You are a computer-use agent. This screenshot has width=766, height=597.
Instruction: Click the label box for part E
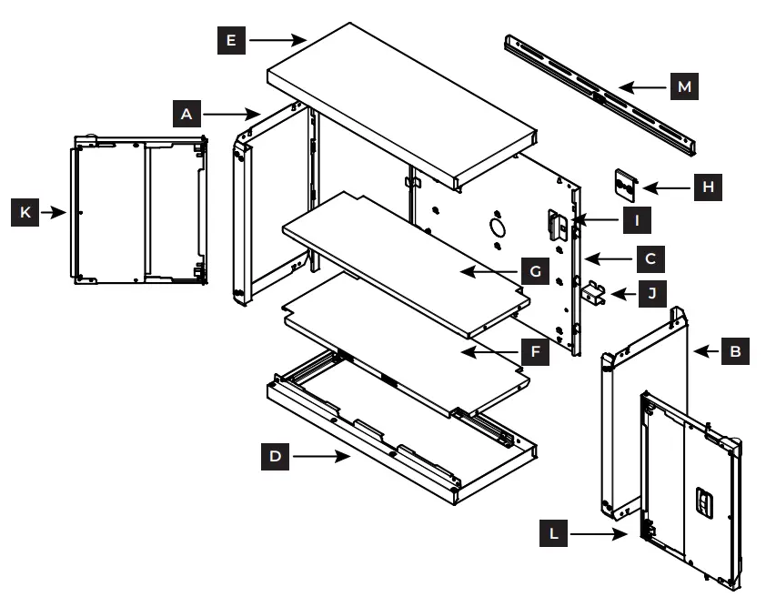coord(231,40)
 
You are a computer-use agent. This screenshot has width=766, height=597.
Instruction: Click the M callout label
coord(684,87)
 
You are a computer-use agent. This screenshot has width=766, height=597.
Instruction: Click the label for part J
coord(650,293)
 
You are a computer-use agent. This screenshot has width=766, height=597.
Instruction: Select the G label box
coord(535,270)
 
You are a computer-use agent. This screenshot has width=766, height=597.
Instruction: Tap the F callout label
coord(535,349)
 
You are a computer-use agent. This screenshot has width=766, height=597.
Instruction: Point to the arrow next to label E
coord(277,40)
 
